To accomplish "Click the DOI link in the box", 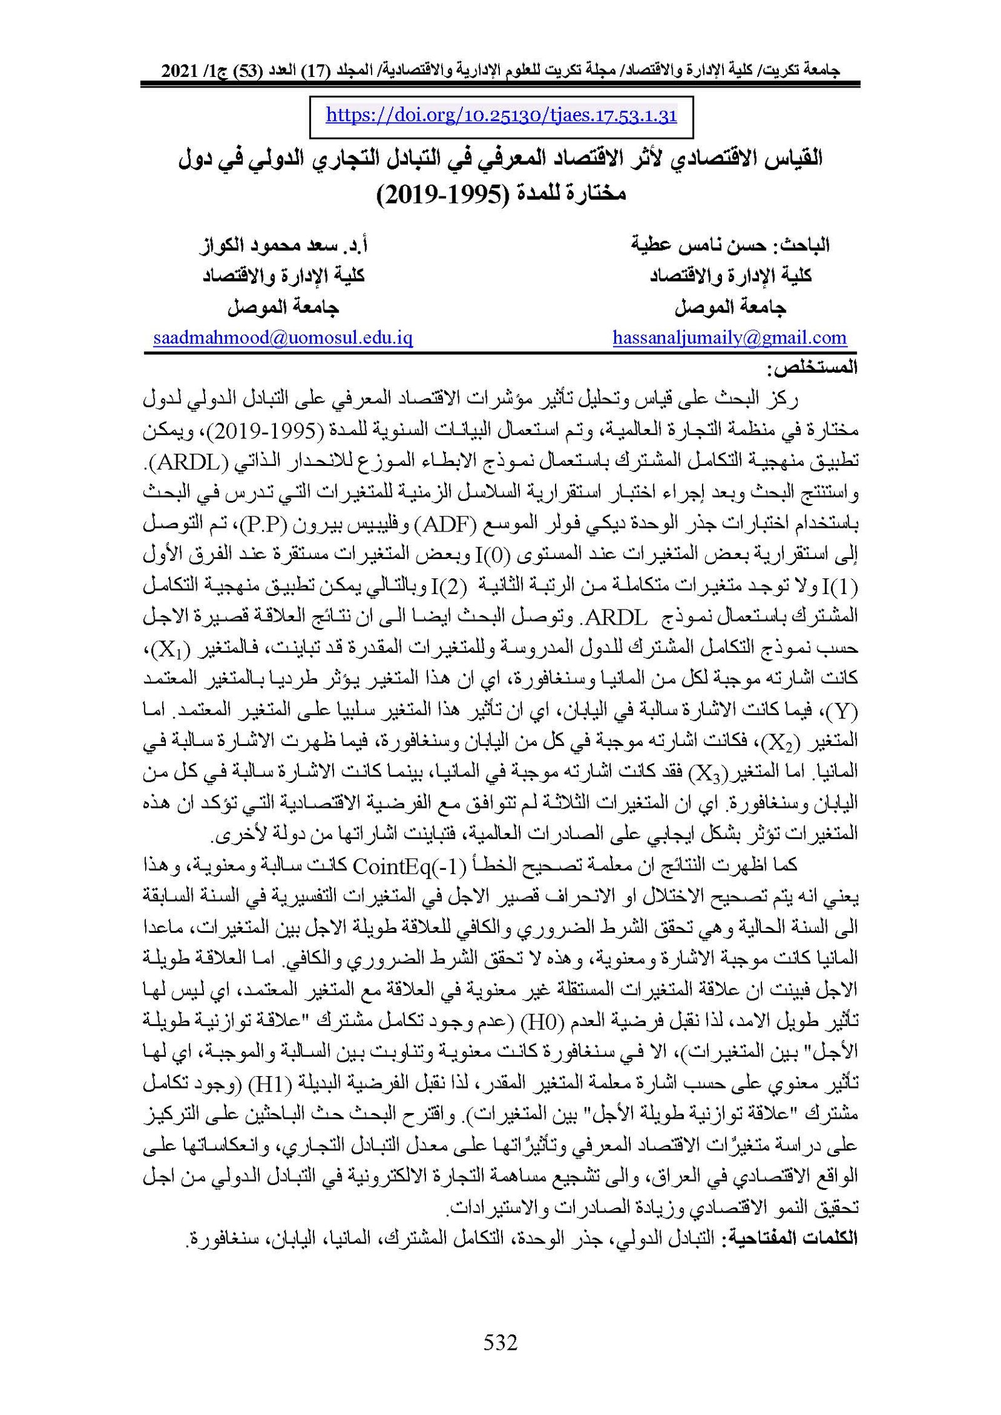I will pyautogui.click(x=501, y=116).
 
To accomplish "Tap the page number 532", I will pyautogui.click(x=500, y=1342).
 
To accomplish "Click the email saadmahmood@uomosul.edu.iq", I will pyautogui.click(x=283, y=338).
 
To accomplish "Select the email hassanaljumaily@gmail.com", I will pyautogui.click(x=729, y=338).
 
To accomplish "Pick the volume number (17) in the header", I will pyautogui.click(x=320, y=71).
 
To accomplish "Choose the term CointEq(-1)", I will pyautogui.click(x=409, y=865).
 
